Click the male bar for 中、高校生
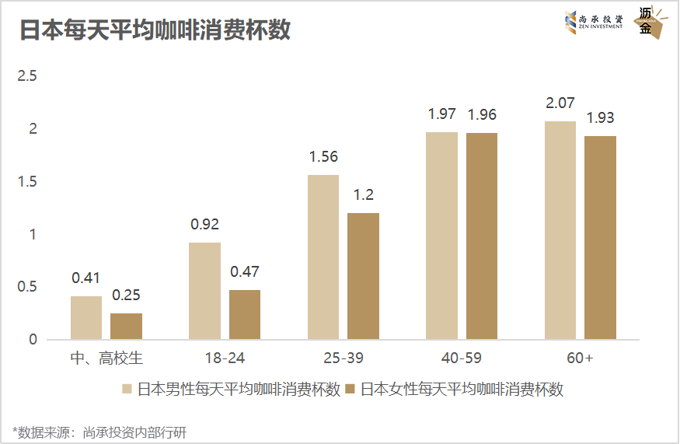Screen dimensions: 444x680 coord(86,317)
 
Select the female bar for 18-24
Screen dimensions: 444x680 coord(245,314)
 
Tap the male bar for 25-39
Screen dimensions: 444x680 coord(323,257)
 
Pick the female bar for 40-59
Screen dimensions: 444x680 coord(482,236)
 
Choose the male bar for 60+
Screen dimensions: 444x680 coord(560,230)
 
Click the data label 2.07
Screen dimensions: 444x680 coord(560,103)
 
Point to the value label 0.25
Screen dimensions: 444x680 coord(127,295)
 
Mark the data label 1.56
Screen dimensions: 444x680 coord(323,157)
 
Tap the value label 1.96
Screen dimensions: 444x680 coord(482,115)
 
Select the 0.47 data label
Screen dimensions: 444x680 coord(245,272)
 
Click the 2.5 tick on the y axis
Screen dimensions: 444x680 coord(28,76)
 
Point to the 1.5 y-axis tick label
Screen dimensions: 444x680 coord(28,181)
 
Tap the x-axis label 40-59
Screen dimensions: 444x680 coord(462,358)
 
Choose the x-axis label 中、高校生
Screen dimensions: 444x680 coord(106,358)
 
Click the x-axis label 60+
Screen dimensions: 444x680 coord(580,358)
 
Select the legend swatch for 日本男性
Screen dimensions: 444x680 coord(127,389)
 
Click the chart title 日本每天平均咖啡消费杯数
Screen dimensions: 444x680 coord(155,30)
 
